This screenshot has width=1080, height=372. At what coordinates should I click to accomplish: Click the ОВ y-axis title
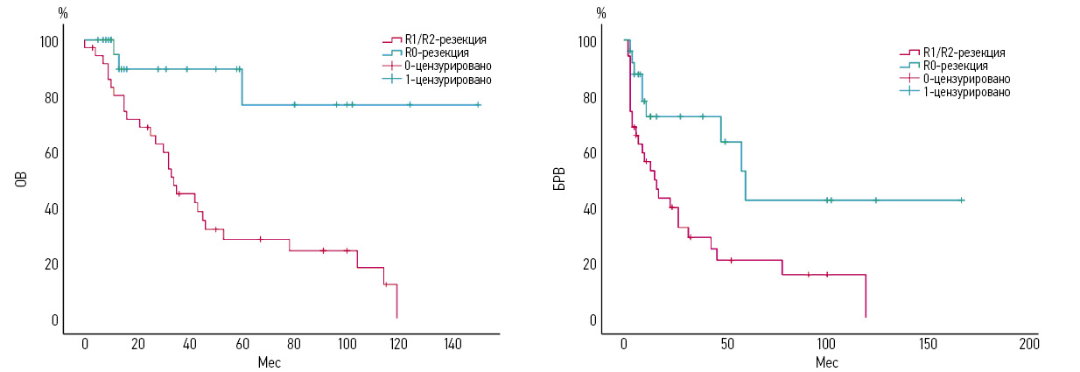coord(21,180)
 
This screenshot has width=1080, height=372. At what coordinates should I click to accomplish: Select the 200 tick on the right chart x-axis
coord(1029,343)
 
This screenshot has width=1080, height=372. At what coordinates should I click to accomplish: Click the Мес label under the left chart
coord(270,361)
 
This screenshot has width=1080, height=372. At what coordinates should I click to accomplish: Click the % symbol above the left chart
coord(62,12)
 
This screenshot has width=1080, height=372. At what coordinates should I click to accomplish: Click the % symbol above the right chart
coord(600,12)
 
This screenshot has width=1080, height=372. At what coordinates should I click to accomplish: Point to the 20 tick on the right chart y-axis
coord(592,264)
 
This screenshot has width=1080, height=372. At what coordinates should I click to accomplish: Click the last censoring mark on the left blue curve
coord(478,105)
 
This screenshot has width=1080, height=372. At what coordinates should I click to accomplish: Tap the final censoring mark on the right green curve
coord(961,200)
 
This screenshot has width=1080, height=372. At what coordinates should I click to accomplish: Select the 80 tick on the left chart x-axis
coord(294,343)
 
